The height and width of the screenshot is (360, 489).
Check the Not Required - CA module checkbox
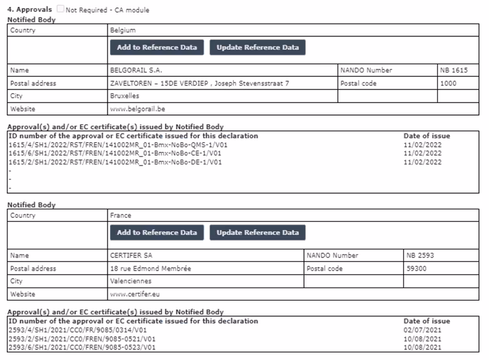coord(60,10)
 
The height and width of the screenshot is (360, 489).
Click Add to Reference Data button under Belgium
coord(156,47)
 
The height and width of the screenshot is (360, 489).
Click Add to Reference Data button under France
coord(156,232)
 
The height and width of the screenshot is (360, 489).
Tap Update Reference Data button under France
coord(258,232)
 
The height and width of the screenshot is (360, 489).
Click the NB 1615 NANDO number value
coord(453,71)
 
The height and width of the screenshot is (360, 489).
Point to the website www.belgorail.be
coord(138,109)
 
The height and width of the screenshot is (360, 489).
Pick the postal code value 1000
coord(449,83)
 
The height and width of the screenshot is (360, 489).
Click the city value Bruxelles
coord(124,96)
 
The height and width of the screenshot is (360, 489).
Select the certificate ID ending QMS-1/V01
coord(118,144)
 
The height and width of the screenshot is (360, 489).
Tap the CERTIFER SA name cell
coord(132,256)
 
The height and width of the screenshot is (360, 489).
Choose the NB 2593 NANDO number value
coord(420,256)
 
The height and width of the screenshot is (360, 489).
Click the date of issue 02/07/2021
coord(423,329)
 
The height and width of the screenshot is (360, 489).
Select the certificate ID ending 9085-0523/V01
coord(81,347)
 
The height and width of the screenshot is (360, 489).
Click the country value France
coord(121,216)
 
